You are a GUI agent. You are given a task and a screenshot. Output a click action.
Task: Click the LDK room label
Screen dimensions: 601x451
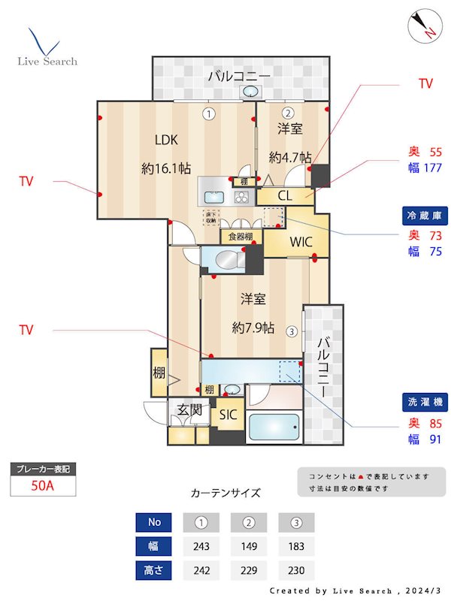[x=168, y=139]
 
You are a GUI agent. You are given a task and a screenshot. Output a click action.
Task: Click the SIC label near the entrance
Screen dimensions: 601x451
[x=228, y=414]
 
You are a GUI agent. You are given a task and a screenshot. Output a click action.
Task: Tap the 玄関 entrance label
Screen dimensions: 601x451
[x=189, y=410]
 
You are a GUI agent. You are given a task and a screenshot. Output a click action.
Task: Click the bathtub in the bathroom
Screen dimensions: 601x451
[x=274, y=430]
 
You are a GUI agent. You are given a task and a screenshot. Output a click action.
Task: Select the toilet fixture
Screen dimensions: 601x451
[x=226, y=260]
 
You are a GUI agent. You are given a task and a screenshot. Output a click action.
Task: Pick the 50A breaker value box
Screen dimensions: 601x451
[x=43, y=485]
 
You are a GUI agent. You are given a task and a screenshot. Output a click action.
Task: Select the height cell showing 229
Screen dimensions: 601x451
[x=248, y=570]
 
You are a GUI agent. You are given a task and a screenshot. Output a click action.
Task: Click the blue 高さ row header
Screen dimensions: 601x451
[x=153, y=570]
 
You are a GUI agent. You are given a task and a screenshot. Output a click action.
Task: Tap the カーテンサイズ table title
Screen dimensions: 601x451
[x=225, y=494]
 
